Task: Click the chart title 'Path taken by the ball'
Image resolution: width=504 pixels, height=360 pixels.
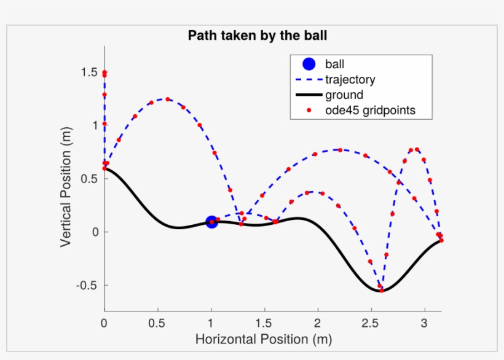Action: pos(257,36)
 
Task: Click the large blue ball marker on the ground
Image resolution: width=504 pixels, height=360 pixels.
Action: pos(211,222)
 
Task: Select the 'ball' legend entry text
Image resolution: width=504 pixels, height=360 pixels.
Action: pos(335,64)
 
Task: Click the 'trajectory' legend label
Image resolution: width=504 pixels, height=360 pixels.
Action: pos(350,79)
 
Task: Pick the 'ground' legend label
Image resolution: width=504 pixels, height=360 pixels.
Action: pos(344,95)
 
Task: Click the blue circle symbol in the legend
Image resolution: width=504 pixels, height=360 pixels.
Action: pos(309,64)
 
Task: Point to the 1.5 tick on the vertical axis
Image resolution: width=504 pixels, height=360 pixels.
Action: pos(90,72)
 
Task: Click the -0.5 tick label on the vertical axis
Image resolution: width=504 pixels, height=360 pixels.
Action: pos(88,285)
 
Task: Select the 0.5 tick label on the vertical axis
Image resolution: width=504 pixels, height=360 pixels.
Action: pos(90,179)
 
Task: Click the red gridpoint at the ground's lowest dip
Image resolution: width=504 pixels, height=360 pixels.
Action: pos(381,290)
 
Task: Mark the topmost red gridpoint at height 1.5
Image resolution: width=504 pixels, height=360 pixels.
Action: pos(104,72)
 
